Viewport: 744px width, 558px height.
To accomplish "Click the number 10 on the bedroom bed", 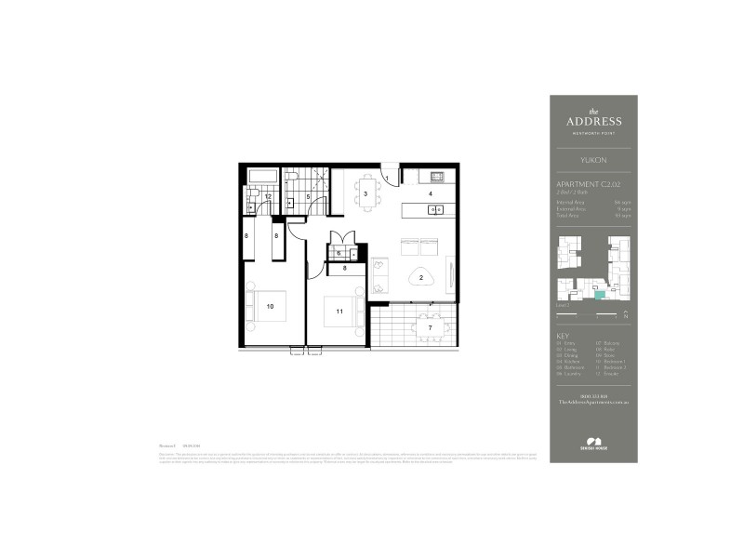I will click(271, 305).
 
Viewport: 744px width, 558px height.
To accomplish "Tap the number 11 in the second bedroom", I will click(340, 312).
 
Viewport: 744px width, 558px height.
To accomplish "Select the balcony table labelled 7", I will click(429, 327).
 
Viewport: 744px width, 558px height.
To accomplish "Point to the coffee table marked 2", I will click(421, 278).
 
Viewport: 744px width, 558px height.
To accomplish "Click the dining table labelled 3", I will click(366, 193).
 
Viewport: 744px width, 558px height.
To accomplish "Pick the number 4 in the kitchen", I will click(431, 193).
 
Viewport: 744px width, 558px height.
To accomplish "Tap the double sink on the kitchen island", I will click(435, 210).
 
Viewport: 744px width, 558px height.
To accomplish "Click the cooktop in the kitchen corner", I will click(436, 176).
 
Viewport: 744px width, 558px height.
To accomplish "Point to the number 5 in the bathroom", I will click(308, 197).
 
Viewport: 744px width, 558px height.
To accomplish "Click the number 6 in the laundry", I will click(339, 253).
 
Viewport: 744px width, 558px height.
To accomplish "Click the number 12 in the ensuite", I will click(267, 197).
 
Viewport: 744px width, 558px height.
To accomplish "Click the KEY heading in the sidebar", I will click(562, 336).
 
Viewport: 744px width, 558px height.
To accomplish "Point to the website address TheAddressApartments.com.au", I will click(593, 402).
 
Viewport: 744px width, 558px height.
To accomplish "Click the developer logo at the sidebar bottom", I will click(593, 445).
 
